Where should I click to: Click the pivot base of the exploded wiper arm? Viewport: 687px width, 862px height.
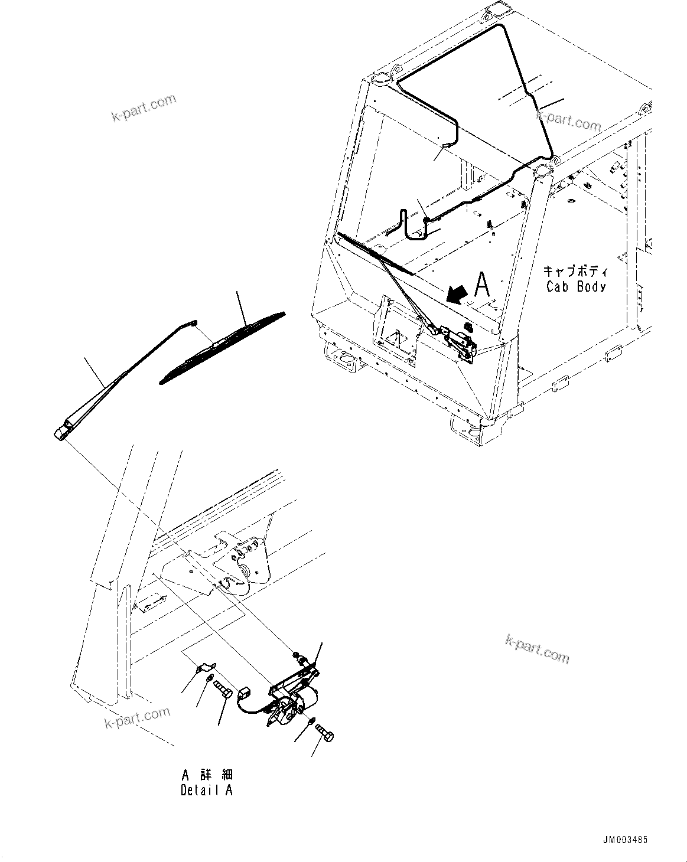(63, 432)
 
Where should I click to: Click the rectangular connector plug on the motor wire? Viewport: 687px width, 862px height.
(244, 692)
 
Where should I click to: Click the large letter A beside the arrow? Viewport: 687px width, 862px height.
(482, 285)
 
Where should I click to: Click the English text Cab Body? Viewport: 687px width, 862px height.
(575, 287)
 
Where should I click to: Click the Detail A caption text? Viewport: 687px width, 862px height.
(207, 791)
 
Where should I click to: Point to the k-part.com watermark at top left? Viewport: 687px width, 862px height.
(144, 108)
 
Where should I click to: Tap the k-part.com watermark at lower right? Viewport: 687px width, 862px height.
(537, 648)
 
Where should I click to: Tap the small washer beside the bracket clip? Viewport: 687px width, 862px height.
(210, 683)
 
